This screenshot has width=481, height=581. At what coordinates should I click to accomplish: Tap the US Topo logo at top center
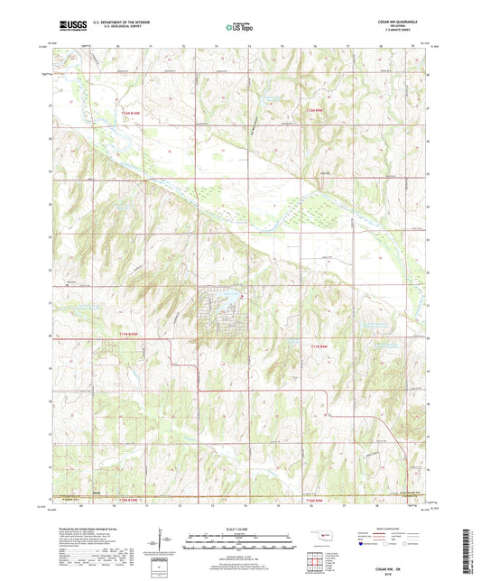(x=239, y=28)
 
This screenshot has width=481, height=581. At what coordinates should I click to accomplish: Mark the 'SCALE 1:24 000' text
(x=240, y=528)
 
